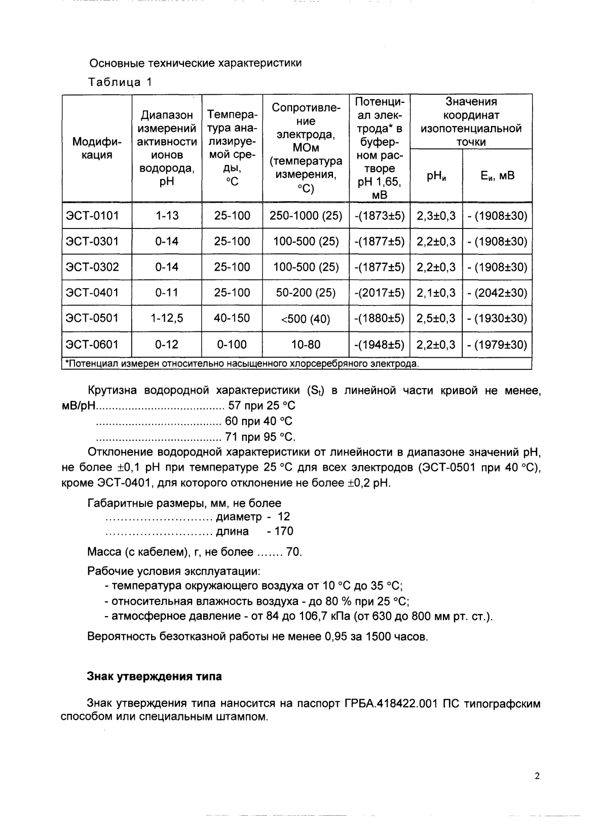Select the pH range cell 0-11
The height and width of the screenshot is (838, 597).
167,293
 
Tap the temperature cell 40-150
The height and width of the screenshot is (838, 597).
232,318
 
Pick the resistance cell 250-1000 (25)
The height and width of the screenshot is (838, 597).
306,216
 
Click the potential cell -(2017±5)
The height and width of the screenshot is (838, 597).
380,293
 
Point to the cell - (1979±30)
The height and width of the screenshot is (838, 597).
497,345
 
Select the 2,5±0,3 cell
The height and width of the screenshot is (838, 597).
436,318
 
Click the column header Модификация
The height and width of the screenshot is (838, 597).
97,148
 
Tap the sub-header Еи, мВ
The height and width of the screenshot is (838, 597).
497,176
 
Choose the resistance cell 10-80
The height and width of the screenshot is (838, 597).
306,345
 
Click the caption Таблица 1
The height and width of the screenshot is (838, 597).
120,82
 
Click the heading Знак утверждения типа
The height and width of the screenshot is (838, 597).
155,676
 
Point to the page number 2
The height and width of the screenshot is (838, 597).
537,776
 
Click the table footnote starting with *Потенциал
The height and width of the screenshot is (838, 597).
241,363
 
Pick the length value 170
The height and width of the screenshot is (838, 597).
283,531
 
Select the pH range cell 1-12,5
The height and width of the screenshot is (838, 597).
167,318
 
